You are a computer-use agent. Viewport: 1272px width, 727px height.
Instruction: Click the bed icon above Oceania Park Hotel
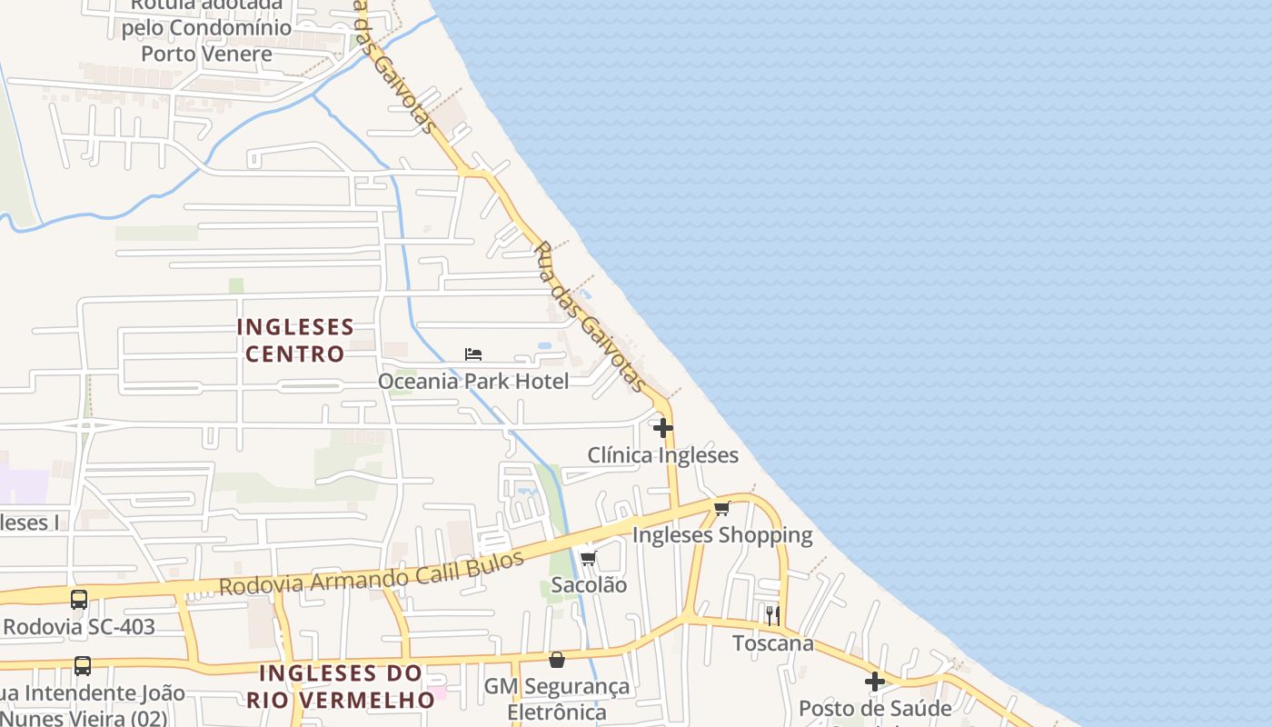[x=472, y=354]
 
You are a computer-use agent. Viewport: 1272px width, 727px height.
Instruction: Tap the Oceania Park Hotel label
[x=473, y=381]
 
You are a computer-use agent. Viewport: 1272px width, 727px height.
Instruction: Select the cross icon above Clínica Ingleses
[x=663, y=428]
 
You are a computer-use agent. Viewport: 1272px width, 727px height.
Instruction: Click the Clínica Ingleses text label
[x=662, y=454]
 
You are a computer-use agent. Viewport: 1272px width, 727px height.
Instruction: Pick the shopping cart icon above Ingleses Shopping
[x=721, y=508]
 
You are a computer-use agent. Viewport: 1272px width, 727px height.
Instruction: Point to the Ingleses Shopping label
[x=722, y=534]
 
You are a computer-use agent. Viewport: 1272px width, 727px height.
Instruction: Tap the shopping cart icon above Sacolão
[x=588, y=558]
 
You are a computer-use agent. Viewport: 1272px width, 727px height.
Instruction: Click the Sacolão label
[x=589, y=584]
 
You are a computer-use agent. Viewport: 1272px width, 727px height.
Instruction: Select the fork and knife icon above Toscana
[x=772, y=616]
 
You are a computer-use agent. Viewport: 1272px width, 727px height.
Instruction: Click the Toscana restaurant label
[x=773, y=643]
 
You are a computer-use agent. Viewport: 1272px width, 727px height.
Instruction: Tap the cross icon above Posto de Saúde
[x=875, y=682]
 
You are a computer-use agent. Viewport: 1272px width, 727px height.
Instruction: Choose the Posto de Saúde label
[x=875, y=708]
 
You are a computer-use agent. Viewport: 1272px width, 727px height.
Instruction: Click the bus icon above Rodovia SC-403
[x=79, y=600]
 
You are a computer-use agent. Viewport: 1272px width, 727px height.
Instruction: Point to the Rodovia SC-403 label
[x=79, y=626]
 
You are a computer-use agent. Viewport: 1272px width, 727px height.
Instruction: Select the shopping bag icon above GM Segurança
[x=557, y=660]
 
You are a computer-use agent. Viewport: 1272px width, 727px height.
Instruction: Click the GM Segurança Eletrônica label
[x=556, y=698]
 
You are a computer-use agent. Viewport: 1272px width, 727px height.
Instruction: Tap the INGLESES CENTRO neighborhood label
[x=295, y=340]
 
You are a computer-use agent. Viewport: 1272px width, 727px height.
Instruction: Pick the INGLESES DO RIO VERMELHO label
[x=341, y=686]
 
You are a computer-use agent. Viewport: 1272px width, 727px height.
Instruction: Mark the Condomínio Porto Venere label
[x=206, y=40]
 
